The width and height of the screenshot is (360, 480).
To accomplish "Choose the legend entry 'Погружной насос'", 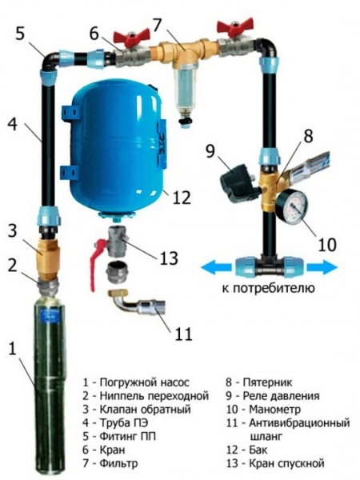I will pos(144,381).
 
